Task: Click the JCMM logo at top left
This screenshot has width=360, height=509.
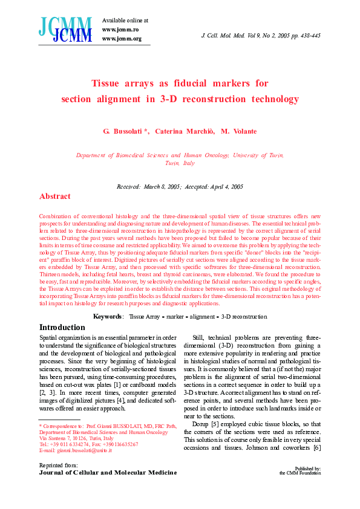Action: pos(65,29)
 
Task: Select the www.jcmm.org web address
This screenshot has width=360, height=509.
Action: pos(122,39)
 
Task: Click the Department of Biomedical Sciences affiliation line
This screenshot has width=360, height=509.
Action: pos(180,155)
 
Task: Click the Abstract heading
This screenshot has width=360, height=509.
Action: pos(54,196)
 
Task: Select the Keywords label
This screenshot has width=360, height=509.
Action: pos(109,316)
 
